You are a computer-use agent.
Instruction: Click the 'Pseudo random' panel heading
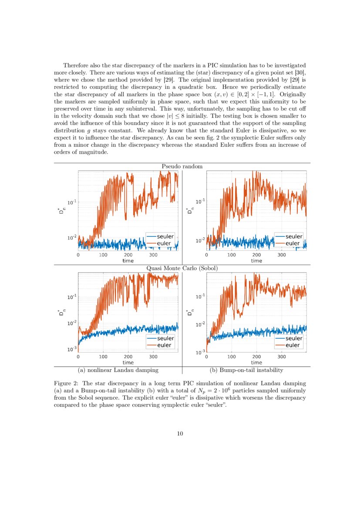[182, 166]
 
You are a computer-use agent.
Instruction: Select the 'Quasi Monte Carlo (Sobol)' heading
[182, 268]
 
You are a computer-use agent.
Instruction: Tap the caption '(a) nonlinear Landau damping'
[118, 370]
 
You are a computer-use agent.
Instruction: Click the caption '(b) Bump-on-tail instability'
[246, 370]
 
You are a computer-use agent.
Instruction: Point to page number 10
[180, 434]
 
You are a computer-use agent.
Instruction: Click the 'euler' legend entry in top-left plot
[165, 243]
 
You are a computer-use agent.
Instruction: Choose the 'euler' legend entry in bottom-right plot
[293, 345]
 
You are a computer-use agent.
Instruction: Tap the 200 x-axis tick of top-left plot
[128, 255]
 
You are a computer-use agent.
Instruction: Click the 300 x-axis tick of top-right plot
[282, 255]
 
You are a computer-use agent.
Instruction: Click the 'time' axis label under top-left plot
[128, 261]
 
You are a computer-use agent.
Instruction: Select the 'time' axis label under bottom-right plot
[256, 362]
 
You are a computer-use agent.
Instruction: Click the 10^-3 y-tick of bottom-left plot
[72, 349]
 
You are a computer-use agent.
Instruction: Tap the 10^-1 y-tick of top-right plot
[200, 202]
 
